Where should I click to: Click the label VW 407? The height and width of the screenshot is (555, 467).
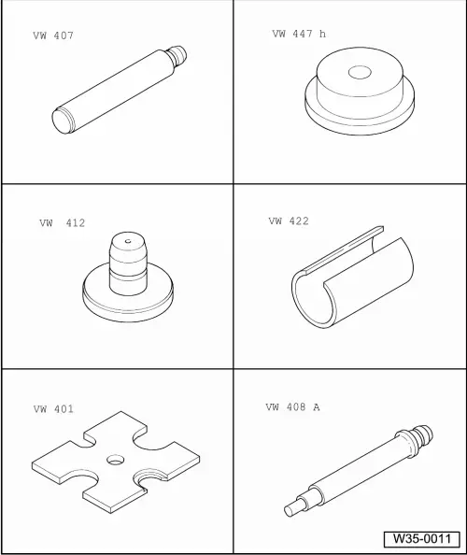click(53, 36)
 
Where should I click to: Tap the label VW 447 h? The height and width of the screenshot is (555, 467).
click(299, 34)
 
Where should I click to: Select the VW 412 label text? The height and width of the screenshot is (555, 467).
click(63, 223)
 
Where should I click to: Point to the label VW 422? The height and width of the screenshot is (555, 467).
click(289, 221)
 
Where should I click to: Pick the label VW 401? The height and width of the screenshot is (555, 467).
click(53, 409)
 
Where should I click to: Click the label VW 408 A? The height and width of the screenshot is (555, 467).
click(293, 407)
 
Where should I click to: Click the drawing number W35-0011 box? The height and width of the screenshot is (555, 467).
click(422, 539)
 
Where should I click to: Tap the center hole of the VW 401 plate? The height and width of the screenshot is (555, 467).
click(115, 460)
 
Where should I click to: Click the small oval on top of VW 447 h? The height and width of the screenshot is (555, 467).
click(360, 72)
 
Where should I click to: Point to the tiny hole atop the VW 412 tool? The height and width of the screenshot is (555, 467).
click(128, 241)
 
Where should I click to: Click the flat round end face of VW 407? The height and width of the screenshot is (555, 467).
click(63, 121)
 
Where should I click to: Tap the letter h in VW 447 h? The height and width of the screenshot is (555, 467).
click(322, 34)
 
